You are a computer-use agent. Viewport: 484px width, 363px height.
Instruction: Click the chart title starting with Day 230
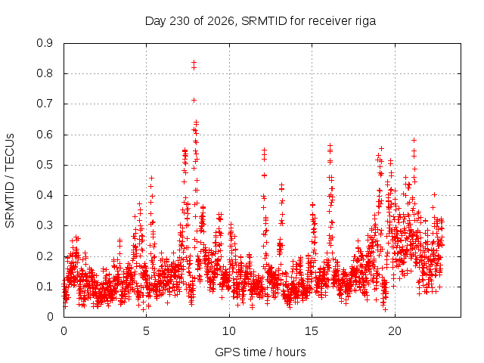coord(260,21)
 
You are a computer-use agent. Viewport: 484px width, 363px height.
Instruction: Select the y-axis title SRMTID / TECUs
coord(10,181)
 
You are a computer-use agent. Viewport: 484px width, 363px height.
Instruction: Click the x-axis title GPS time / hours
coord(260,352)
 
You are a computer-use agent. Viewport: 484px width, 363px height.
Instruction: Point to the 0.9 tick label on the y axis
coord(45,43)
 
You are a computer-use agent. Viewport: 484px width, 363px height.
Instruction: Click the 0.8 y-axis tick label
coord(45,74)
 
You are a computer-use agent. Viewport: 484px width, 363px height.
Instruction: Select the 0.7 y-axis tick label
coord(45,104)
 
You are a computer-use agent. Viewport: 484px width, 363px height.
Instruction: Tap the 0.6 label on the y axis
coord(45,135)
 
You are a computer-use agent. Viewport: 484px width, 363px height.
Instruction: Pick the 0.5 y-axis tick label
coord(45,165)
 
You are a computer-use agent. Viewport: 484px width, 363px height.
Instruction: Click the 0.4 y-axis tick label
coord(45,195)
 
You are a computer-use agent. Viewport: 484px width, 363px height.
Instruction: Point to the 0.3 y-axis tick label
coord(45,225)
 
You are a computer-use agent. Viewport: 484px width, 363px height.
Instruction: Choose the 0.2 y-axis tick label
coord(45,256)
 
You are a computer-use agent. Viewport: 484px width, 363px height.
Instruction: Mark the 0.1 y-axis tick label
coord(45,287)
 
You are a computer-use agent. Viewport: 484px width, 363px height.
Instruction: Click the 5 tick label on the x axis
coord(146,331)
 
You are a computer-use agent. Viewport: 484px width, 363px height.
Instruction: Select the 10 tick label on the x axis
coord(229,331)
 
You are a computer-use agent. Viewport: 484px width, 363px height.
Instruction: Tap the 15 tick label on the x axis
coord(312,331)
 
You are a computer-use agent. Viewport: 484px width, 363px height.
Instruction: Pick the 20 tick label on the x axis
coord(395,331)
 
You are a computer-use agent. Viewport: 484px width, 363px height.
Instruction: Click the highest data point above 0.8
coord(194,63)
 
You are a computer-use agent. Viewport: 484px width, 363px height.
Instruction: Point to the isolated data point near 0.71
coord(194,101)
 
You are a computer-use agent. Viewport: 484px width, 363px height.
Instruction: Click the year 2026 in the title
coord(221,21)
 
